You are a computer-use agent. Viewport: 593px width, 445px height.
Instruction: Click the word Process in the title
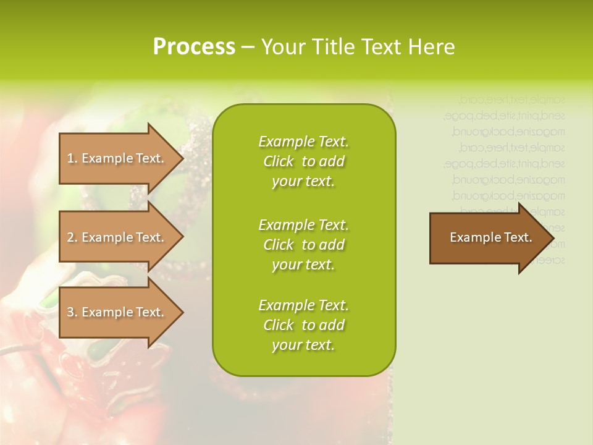coord(194,47)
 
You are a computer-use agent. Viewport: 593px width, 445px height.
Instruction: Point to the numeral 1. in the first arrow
coord(72,158)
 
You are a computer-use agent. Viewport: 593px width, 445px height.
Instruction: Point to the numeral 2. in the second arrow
coord(72,237)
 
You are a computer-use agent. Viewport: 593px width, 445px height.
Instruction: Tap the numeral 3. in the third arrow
coord(72,312)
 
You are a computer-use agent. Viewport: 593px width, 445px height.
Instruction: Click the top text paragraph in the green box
coord(304,161)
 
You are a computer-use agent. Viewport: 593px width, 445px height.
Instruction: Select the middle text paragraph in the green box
coord(304,245)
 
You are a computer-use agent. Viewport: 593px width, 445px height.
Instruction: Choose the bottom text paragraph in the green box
coord(304,325)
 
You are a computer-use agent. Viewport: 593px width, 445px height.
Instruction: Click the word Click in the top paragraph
coord(279,161)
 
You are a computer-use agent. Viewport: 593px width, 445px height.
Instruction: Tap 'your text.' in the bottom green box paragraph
coord(303,345)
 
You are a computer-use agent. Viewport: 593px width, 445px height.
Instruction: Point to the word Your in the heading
coord(284,47)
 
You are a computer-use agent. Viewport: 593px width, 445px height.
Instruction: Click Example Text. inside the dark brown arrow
coord(490,237)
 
